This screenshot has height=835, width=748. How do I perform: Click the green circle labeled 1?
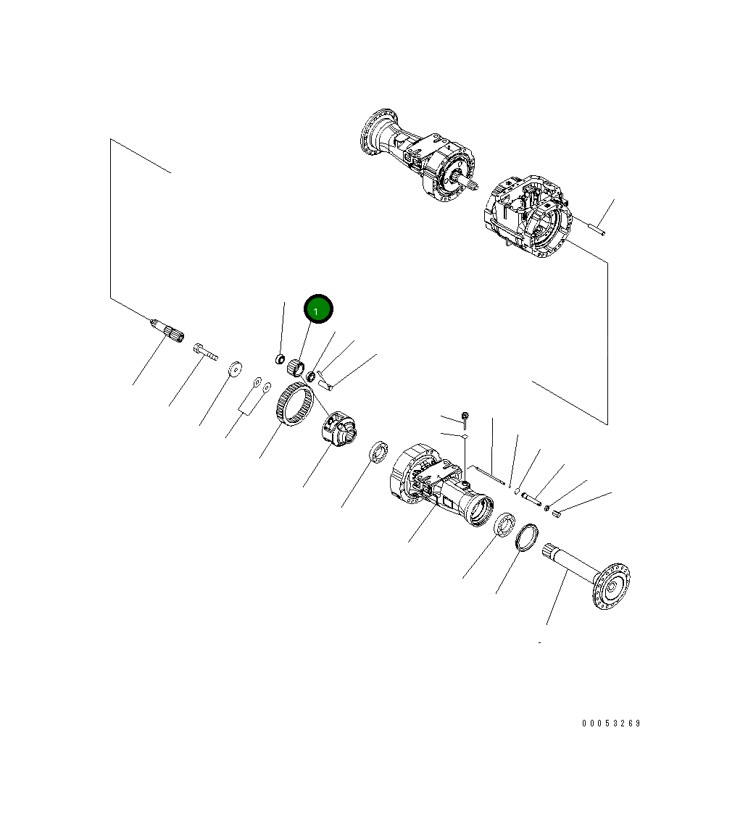pyautogui.click(x=318, y=309)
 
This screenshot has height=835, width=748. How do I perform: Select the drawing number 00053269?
pyautogui.click(x=611, y=723)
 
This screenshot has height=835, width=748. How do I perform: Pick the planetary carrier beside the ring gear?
pyautogui.click(x=338, y=429)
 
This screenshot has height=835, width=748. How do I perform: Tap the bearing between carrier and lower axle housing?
pyautogui.click(x=379, y=452)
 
